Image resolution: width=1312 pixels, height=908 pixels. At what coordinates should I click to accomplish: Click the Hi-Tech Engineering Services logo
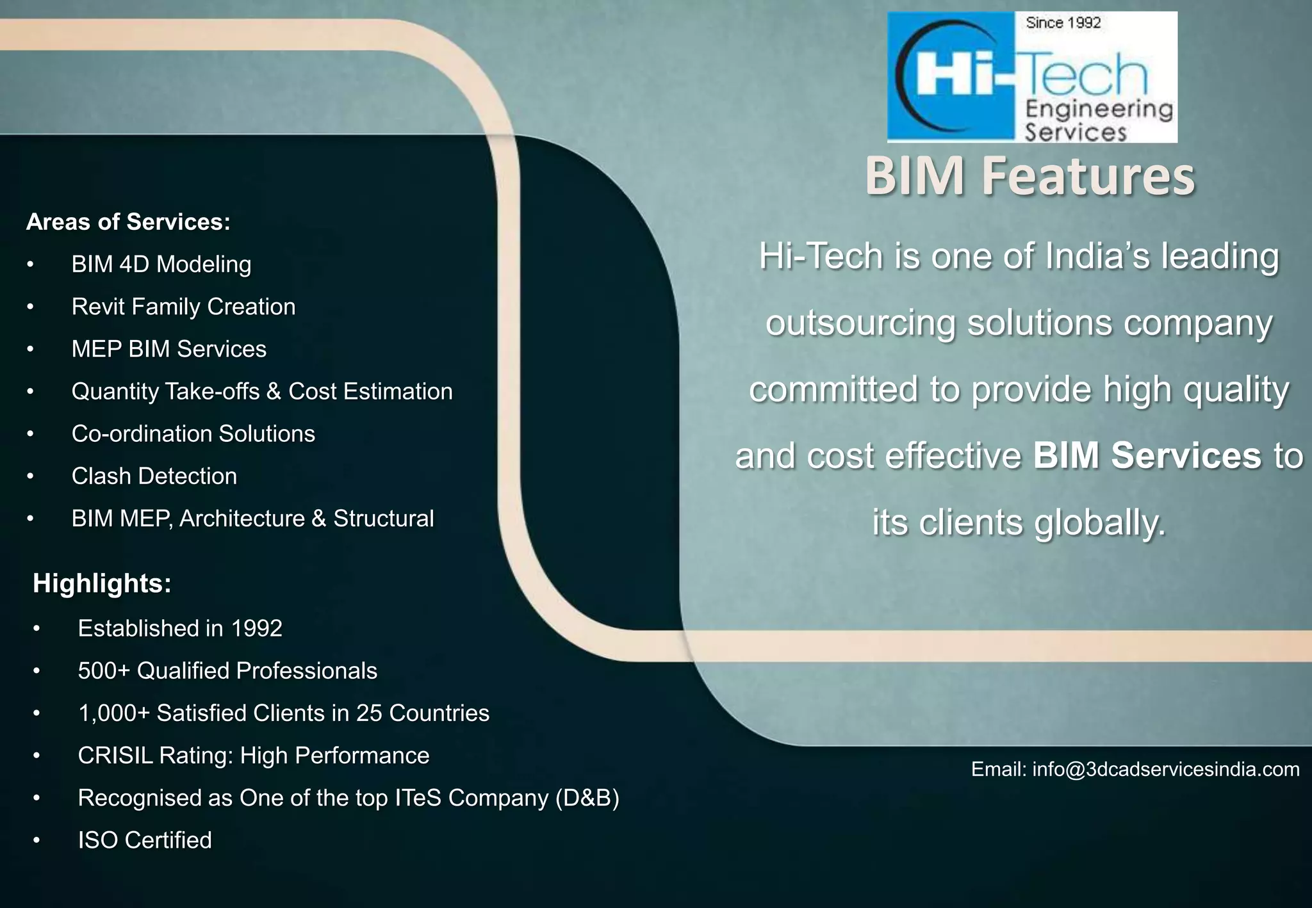tap(1031, 77)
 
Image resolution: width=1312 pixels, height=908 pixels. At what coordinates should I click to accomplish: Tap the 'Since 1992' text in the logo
tap(1063, 24)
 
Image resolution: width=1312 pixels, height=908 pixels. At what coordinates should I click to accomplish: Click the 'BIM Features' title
tap(1029, 176)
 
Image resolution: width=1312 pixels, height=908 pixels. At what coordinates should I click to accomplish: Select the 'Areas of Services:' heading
tap(128, 222)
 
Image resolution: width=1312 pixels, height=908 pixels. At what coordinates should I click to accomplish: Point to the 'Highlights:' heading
tap(102, 583)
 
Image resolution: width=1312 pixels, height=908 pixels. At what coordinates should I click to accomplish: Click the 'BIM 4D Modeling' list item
tap(161, 264)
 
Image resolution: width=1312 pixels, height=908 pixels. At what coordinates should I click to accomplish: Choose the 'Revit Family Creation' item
tap(183, 307)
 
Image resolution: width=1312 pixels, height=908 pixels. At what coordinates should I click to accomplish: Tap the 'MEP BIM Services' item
tap(168, 349)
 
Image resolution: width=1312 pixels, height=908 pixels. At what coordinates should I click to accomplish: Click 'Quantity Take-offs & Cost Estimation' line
tap(261, 391)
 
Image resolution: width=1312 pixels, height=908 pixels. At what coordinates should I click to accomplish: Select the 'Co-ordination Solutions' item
tap(193, 434)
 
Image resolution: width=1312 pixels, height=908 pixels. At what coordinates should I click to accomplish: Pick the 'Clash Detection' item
tap(154, 476)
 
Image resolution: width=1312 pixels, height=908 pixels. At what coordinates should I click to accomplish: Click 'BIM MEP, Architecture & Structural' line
tap(252, 518)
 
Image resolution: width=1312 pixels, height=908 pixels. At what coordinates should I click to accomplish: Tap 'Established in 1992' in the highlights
tap(179, 628)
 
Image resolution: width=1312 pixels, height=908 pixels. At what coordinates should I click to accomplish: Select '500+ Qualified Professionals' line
tap(227, 670)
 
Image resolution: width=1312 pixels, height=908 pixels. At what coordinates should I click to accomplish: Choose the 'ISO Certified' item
tap(144, 840)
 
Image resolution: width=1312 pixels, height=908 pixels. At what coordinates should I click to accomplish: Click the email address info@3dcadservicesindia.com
tap(1165, 769)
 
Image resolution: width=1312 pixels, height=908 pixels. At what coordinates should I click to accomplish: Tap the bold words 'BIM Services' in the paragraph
tap(1147, 456)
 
